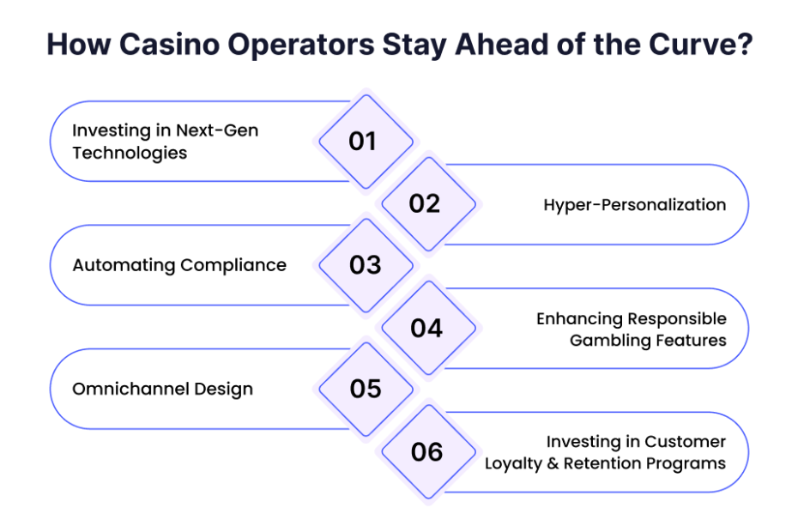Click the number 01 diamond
click(x=366, y=142)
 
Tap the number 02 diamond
click(x=428, y=204)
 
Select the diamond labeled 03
click(x=366, y=265)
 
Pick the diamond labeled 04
click(x=428, y=328)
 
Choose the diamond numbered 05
click(x=366, y=389)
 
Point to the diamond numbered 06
click(x=428, y=451)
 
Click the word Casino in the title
click(x=170, y=45)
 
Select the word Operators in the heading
click(x=301, y=45)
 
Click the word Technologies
click(x=130, y=154)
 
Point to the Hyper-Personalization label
click(x=635, y=205)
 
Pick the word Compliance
click(x=233, y=265)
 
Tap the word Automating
click(x=124, y=266)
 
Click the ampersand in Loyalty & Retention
click(x=553, y=463)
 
